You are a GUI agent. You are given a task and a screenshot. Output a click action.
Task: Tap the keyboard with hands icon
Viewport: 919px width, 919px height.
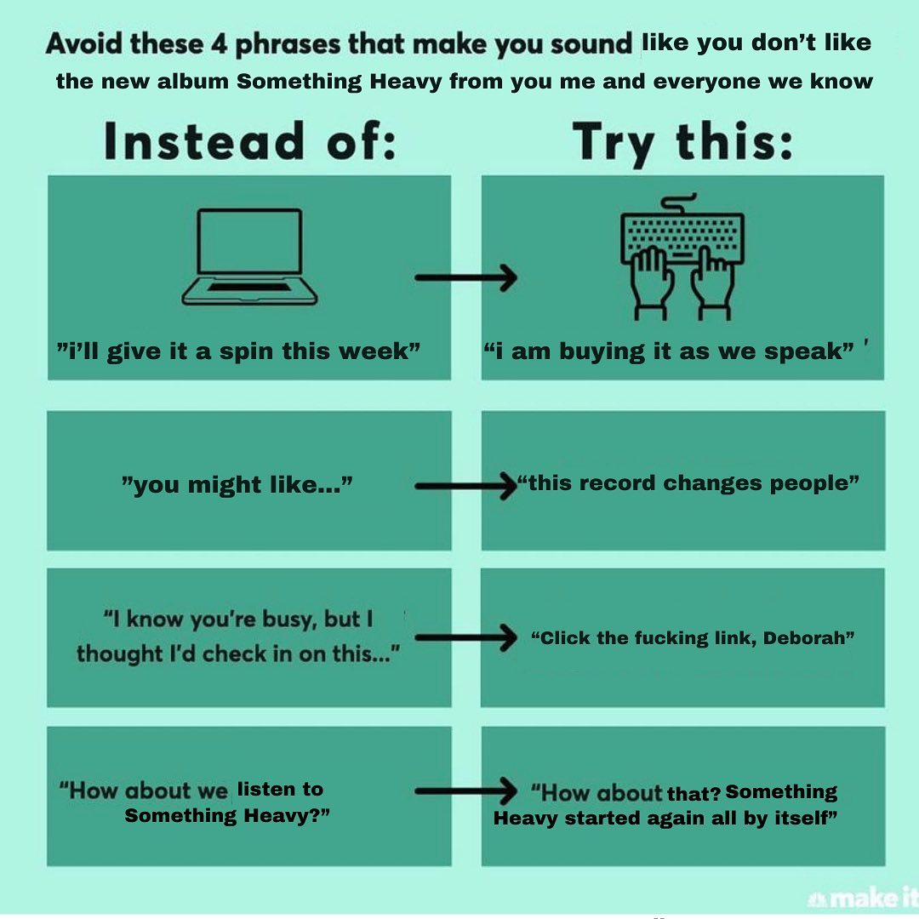[682, 258]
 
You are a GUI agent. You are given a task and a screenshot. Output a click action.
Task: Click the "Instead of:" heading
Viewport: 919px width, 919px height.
[250, 141]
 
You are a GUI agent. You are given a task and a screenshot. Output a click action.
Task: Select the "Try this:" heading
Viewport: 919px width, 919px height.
[682, 143]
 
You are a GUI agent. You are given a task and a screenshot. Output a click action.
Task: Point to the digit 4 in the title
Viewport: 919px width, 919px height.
[219, 43]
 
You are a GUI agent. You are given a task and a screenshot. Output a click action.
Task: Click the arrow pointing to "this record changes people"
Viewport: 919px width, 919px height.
[466, 486]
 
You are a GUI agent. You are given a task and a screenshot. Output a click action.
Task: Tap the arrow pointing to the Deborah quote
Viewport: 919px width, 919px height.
[466, 637]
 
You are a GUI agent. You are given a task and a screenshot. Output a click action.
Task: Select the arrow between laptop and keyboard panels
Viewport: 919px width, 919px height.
[466, 277]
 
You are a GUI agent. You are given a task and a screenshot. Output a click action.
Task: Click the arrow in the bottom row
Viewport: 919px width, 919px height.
[466, 791]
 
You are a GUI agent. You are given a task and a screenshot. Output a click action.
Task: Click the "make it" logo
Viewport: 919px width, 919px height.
[862, 899]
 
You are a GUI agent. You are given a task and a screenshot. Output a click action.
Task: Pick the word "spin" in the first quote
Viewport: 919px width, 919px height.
[247, 351]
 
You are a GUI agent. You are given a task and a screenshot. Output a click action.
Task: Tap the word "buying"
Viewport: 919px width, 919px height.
[602, 351]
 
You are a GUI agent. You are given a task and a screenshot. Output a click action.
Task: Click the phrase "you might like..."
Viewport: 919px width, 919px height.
[237, 485]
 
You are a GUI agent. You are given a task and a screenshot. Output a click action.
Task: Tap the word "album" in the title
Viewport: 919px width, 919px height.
[193, 82]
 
